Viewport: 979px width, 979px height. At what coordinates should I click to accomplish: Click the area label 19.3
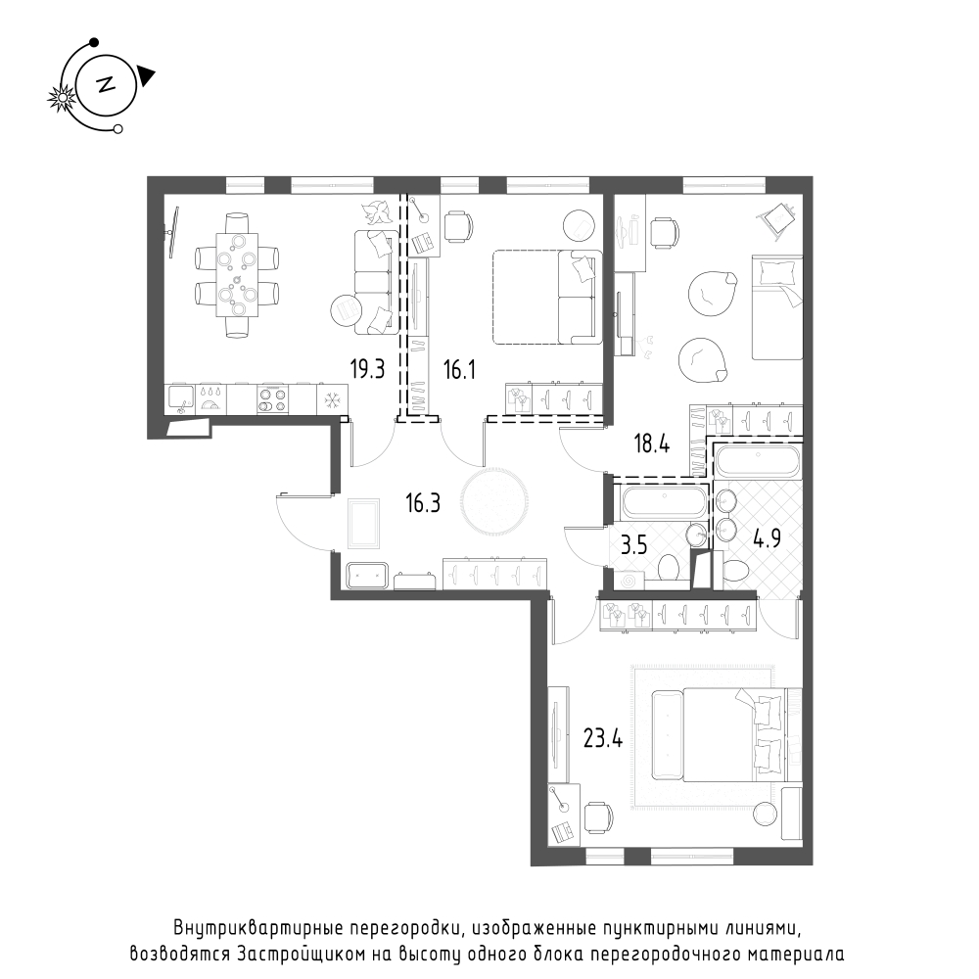[x=367, y=370]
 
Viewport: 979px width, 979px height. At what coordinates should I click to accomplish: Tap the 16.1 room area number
[x=459, y=370]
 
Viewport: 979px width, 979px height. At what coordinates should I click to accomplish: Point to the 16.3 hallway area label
[x=423, y=502]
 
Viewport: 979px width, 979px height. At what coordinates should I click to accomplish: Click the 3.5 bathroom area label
[x=633, y=544]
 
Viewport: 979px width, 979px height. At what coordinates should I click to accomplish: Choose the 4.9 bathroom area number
[x=767, y=537]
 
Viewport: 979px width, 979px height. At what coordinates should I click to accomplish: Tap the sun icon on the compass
[x=62, y=98]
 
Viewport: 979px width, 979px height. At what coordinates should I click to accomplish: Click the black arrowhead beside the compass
[x=146, y=75]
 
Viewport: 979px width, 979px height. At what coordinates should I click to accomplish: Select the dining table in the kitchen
[x=237, y=275]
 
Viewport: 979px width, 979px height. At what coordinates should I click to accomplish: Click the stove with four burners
[x=273, y=399]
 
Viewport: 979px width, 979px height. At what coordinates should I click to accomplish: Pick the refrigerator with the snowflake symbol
[x=333, y=398]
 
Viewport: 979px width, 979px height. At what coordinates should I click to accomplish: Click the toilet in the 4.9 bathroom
[x=735, y=571]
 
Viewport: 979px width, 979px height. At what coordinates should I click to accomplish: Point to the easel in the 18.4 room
[x=778, y=219]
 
